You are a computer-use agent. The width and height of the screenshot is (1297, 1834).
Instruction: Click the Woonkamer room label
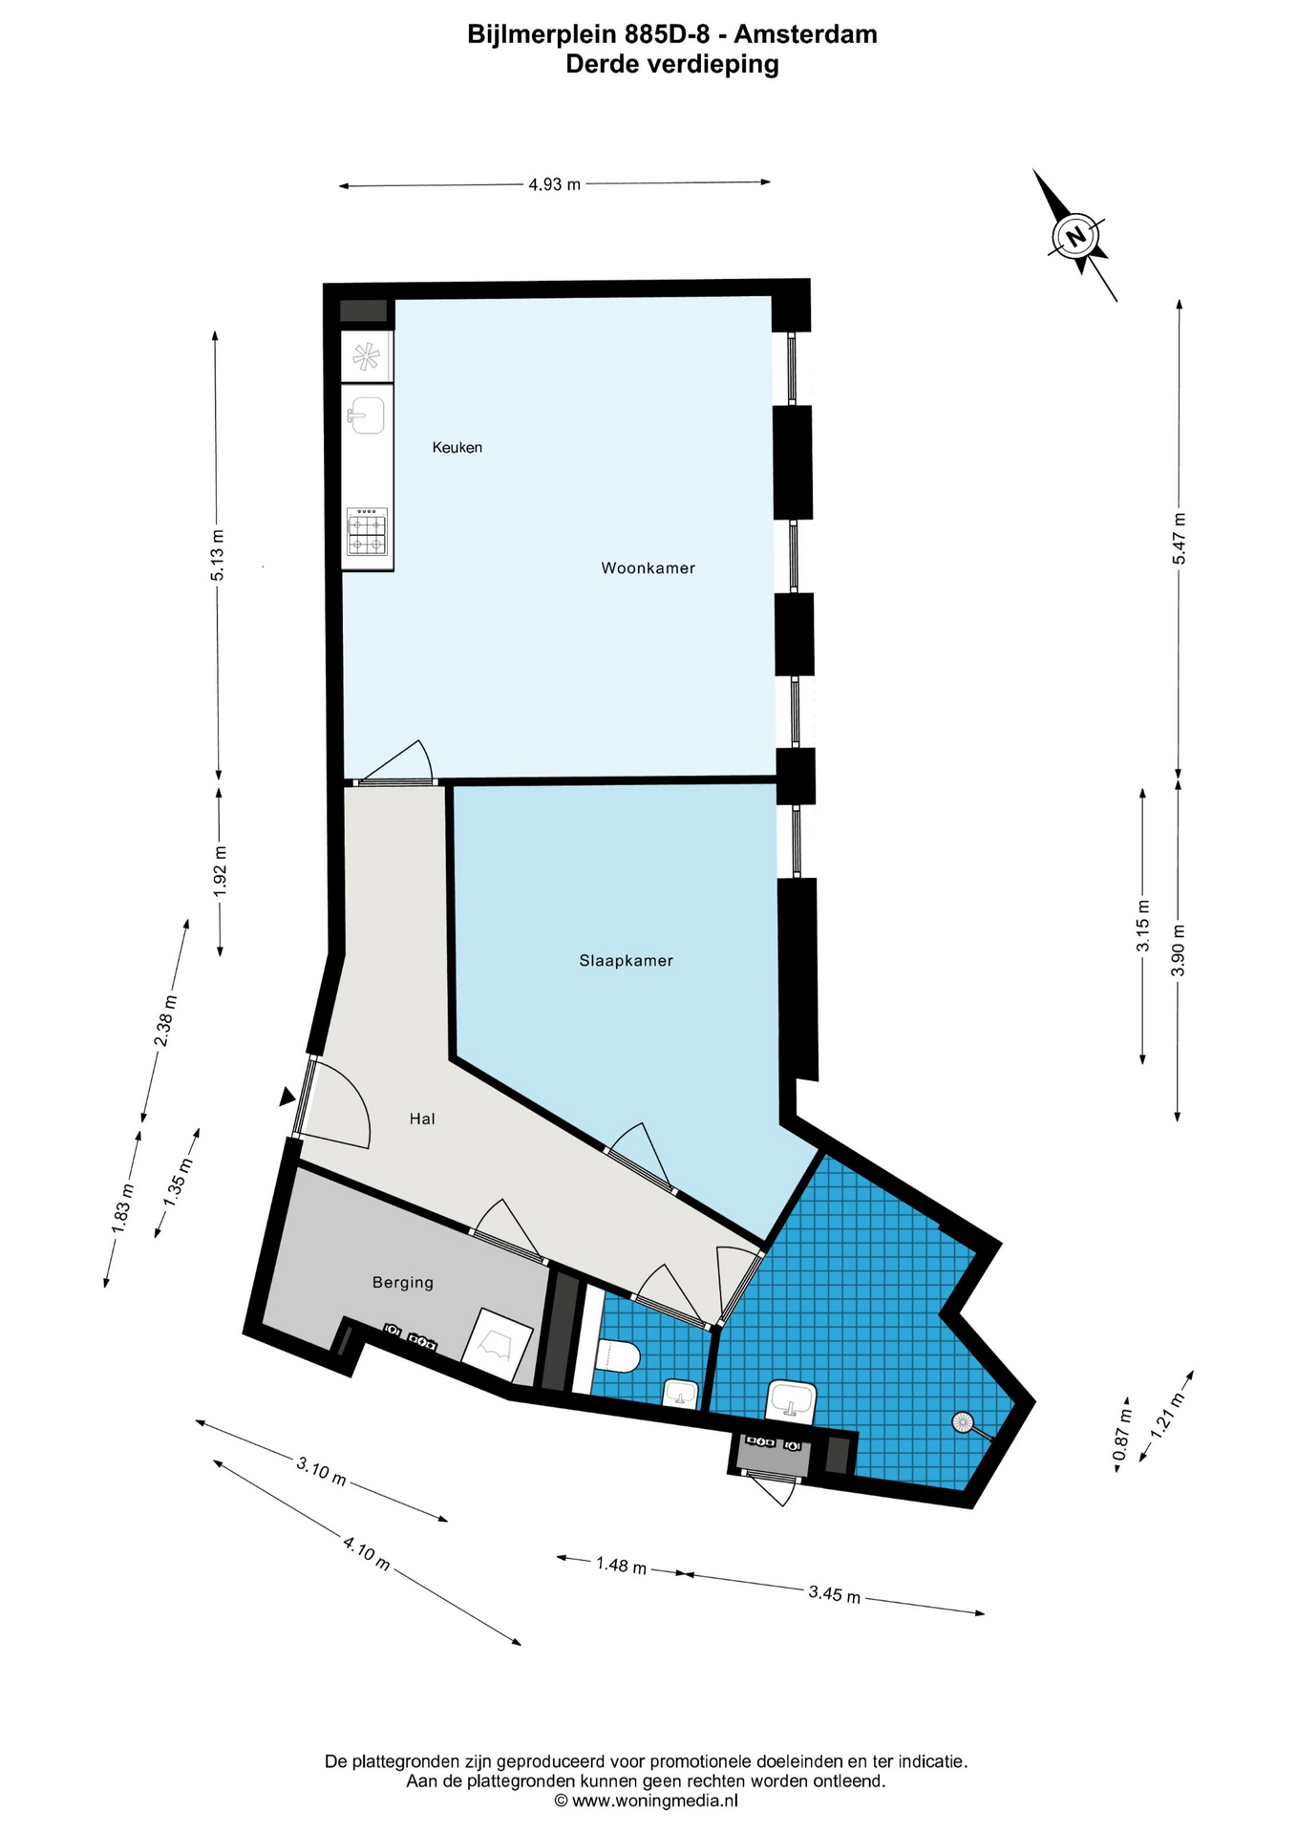pyautogui.click(x=648, y=568)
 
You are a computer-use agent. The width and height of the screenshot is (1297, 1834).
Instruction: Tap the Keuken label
pyautogui.click(x=457, y=447)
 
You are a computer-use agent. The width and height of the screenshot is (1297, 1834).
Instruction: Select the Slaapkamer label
pyautogui.click(x=626, y=961)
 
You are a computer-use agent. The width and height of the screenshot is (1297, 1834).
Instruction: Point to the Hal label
pyautogui.click(x=422, y=1119)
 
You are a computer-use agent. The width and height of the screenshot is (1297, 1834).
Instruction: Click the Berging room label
pyautogui.click(x=403, y=1283)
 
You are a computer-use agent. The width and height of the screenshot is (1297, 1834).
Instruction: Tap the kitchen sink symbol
pyautogui.click(x=367, y=416)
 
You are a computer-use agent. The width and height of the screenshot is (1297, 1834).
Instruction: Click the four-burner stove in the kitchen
pyautogui.click(x=368, y=532)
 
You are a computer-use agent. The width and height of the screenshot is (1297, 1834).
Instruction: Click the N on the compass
pyautogui.click(x=1076, y=236)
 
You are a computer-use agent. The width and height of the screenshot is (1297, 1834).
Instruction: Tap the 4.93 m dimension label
pyautogui.click(x=555, y=184)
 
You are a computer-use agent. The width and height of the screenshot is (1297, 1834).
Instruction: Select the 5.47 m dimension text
pyautogui.click(x=1179, y=539)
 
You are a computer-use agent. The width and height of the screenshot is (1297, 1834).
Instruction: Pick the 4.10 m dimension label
pyautogui.click(x=367, y=1552)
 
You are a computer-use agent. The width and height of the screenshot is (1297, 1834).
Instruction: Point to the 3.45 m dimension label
pyautogui.click(x=835, y=1593)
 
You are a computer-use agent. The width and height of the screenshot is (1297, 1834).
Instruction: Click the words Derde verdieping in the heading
pyautogui.click(x=672, y=64)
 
